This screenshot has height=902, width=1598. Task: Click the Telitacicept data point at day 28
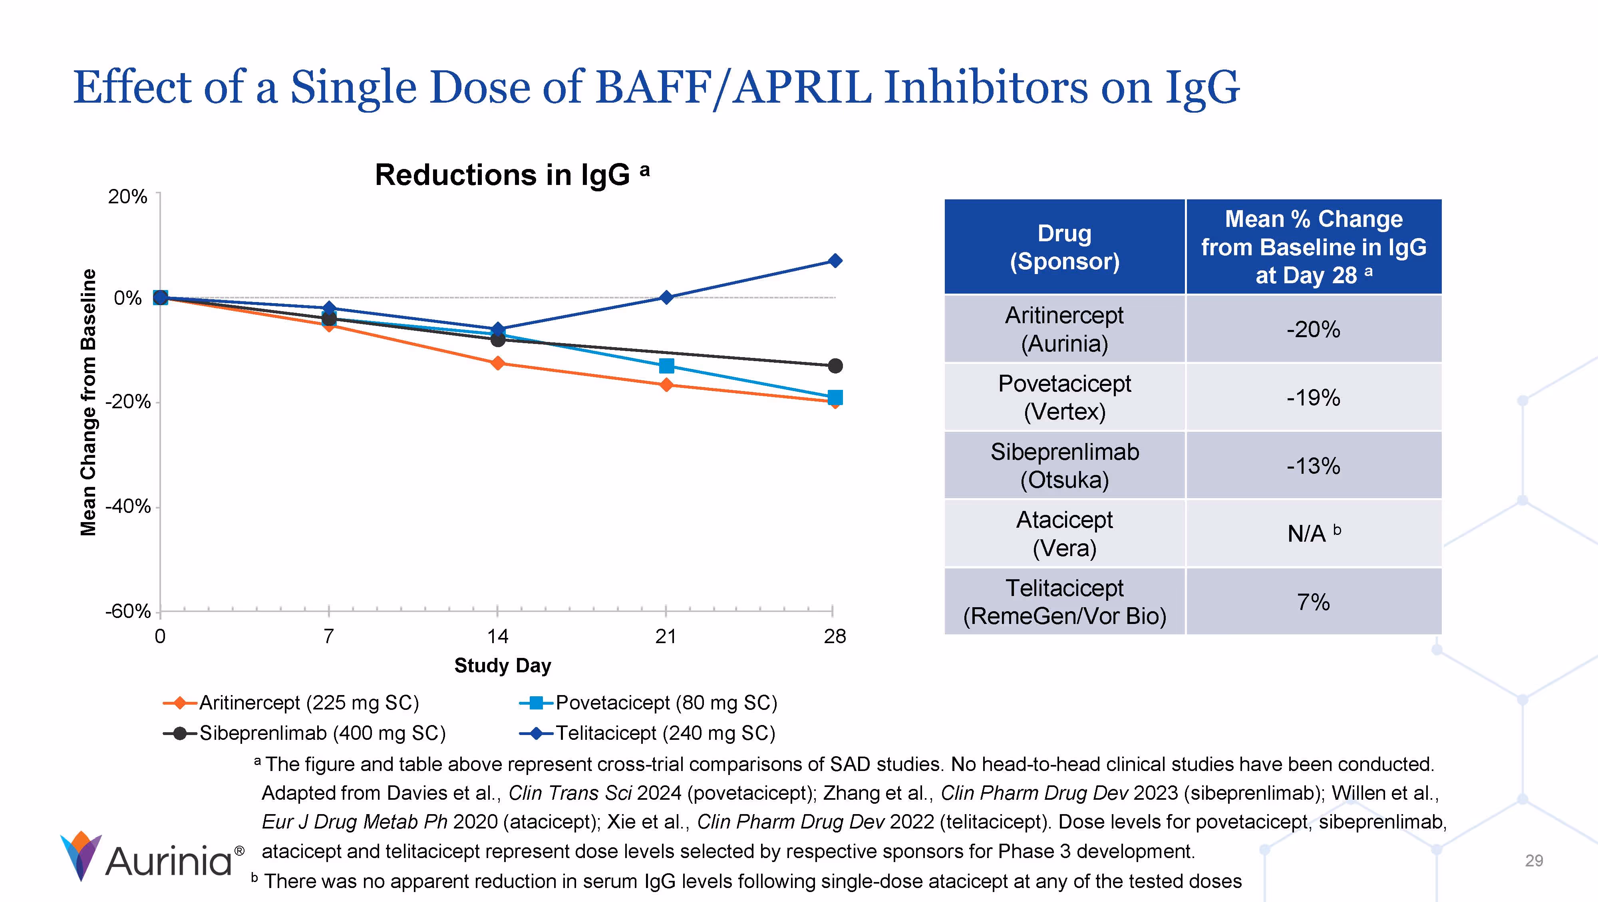(835, 260)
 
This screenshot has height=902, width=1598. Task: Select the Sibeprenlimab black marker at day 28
(835, 366)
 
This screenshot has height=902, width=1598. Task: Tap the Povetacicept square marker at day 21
(666, 366)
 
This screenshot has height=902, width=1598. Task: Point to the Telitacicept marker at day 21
(666, 297)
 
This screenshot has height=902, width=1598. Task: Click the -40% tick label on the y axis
(128, 506)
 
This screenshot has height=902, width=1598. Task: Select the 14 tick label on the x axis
(497, 636)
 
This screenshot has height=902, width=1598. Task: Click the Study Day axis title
(503, 665)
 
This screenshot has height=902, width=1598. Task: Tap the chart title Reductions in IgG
(503, 175)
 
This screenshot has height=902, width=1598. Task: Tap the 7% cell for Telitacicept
(1313, 602)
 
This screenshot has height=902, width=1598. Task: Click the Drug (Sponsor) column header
(1065, 247)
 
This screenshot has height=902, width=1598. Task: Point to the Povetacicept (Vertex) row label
(1065, 397)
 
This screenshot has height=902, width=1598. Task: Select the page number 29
(1534, 860)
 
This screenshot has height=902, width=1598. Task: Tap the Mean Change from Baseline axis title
(89, 402)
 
